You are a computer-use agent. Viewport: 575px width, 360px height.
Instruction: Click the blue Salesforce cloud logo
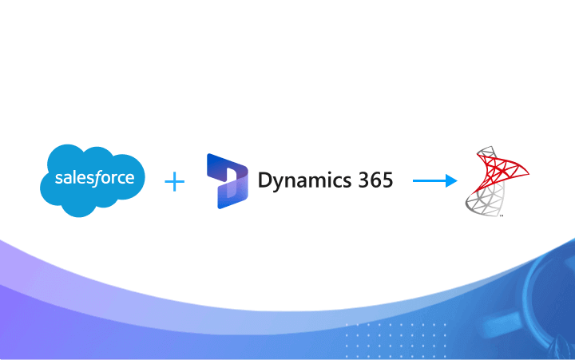point(92,180)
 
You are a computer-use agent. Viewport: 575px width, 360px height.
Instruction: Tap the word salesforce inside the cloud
point(93,179)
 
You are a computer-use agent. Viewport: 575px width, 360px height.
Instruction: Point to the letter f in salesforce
point(105,177)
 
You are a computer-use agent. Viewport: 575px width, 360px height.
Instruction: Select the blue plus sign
point(174,182)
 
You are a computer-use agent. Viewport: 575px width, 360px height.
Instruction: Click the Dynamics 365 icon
point(228,180)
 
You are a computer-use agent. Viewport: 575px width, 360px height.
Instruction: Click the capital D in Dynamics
point(265,180)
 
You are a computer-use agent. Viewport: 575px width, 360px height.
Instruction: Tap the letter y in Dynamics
point(280,183)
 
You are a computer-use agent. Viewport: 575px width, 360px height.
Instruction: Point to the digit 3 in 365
point(359,180)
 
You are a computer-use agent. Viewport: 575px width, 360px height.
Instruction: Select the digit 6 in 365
point(372,180)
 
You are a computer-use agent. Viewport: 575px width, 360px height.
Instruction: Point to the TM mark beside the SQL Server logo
point(501,215)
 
